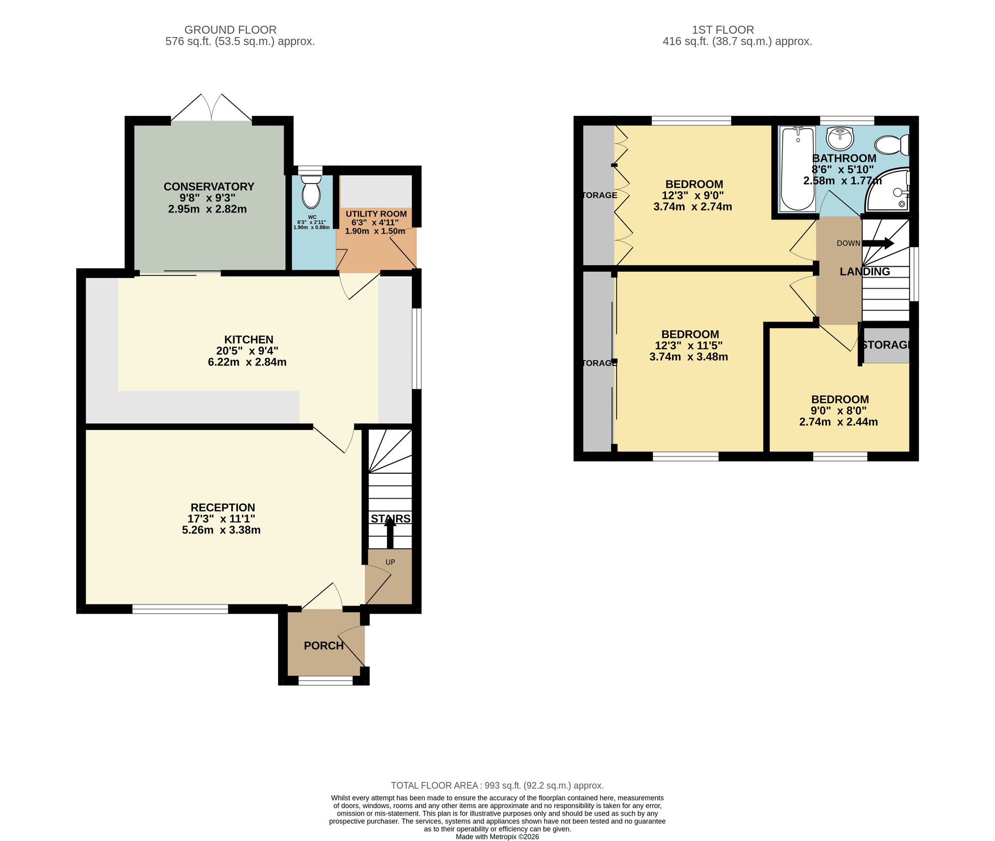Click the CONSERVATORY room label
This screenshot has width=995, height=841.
pyautogui.click(x=209, y=187)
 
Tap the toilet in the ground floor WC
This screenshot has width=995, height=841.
pyautogui.click(x=311, y=192)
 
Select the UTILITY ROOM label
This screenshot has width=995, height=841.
pyautogui.click(x=376, y=214)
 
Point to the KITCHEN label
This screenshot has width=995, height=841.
pyautogui.click(x=249, y=339)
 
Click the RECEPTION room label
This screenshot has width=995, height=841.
pyautogui.click(x=223, y=508)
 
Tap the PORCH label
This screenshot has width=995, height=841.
pyautogui.click(x=324, y=645)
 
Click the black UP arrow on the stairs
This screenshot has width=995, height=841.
pyautogui.click(x=390, y=532)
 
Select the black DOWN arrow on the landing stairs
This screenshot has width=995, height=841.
pyautogui.click(x=878, y=243)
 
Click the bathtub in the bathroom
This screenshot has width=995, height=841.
pyautogui.click(x=798, y=169)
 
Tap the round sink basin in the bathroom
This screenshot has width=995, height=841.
pyautogui.click(x=840, y=138)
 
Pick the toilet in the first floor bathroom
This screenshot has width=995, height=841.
pyautogui.click(x=892, y=145)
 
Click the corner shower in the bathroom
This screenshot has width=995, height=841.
pyautogui.click(x=888, y=190)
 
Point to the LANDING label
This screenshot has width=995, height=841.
pyautogui.click(x=865, y=272)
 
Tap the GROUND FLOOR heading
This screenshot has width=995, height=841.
pyautogui.click(x=230, y=30)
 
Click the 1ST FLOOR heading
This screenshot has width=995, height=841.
pyautogui.click(x=723, y=30)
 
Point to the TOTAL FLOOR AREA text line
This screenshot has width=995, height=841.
pyautogui.click(x=497, y=785)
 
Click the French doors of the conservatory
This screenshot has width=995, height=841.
pyautogui.click(x=211, y=107)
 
